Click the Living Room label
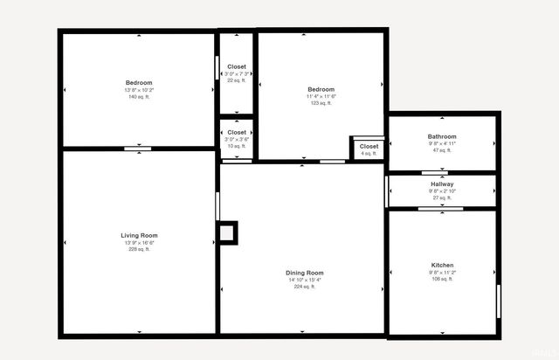pos(139,236)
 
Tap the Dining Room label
pos(304,273)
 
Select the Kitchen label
pos(442,265)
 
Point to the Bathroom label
pos(442,136)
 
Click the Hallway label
pos(442,184)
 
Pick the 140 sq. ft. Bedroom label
pos(139,83)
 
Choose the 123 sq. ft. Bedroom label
pos(321,89)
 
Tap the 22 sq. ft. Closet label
pos(237,66)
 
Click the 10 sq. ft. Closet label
pos(237,133)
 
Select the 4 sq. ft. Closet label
pos(369,146)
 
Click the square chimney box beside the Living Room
pos(227,232)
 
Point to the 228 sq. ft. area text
pos(139,250)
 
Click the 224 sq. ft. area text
pos(304,287)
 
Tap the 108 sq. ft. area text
pos(442,279)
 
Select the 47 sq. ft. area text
pos(442,150)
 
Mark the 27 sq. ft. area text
pos(442,197)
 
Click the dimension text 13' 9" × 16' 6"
pos(139,243)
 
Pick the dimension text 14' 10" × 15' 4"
pos(304,280)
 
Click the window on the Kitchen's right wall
pos(498,301)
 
